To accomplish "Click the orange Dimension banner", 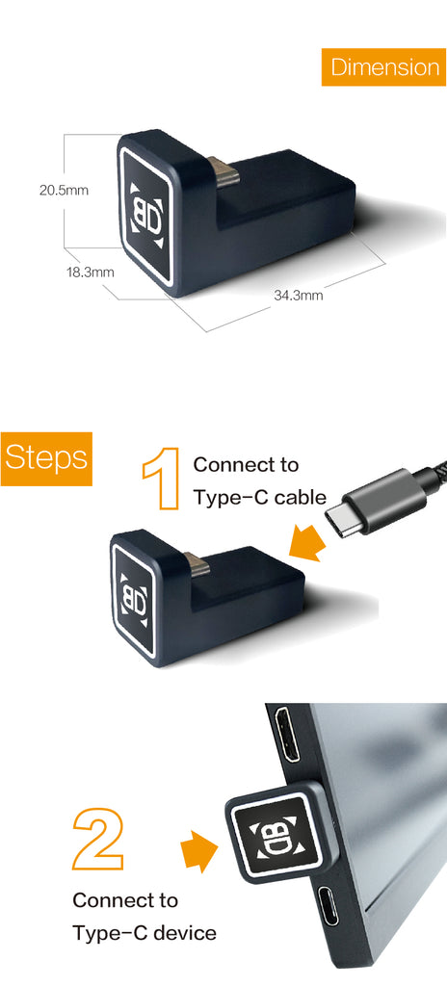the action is [x=384, y=66].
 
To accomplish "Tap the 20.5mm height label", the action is [x=65, y=190].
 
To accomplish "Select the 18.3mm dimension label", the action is [x=91, y=272].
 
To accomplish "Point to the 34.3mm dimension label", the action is [x=299, y=295].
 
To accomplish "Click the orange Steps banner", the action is [x=46, y=458].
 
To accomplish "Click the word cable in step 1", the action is [x=301, y=498].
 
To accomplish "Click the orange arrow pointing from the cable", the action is [x=308, y=543].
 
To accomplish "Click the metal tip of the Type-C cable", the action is [x=342, y=519].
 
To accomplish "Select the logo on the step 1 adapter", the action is [x=135, y=601].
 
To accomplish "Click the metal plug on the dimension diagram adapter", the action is [x=224, y=172].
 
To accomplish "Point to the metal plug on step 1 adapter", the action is [x=197, y=563].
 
